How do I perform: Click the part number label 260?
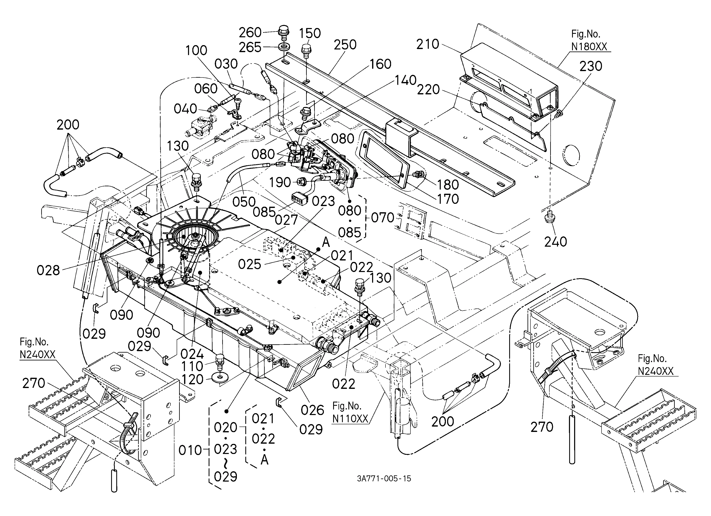[250, 32]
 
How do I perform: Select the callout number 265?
[250, 47]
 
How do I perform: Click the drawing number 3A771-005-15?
[384, 478]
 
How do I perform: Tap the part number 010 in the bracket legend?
[190, 450]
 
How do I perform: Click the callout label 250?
[345, 45]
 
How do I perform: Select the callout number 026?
[312, 410]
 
